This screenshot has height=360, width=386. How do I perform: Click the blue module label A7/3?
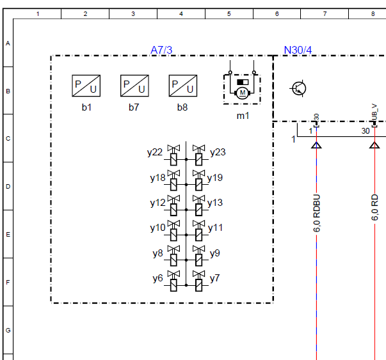click(x=161, y=50)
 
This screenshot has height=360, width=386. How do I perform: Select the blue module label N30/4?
click(x=298, y=50)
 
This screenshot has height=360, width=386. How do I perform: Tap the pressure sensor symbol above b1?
click(x=86, y=86)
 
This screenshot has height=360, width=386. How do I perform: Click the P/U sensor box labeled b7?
click(x=134, y=86)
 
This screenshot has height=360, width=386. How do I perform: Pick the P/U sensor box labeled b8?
click(x=183, y=86)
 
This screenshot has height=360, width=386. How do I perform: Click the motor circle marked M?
click(x=243, y=93)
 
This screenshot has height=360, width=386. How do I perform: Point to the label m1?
click(x=243, y=116)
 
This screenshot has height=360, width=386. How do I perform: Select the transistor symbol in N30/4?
click(x=298, y=88)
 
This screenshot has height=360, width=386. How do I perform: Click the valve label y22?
click(x=155, y=152)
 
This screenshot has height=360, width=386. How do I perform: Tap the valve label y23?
click(x=218, y=152)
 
